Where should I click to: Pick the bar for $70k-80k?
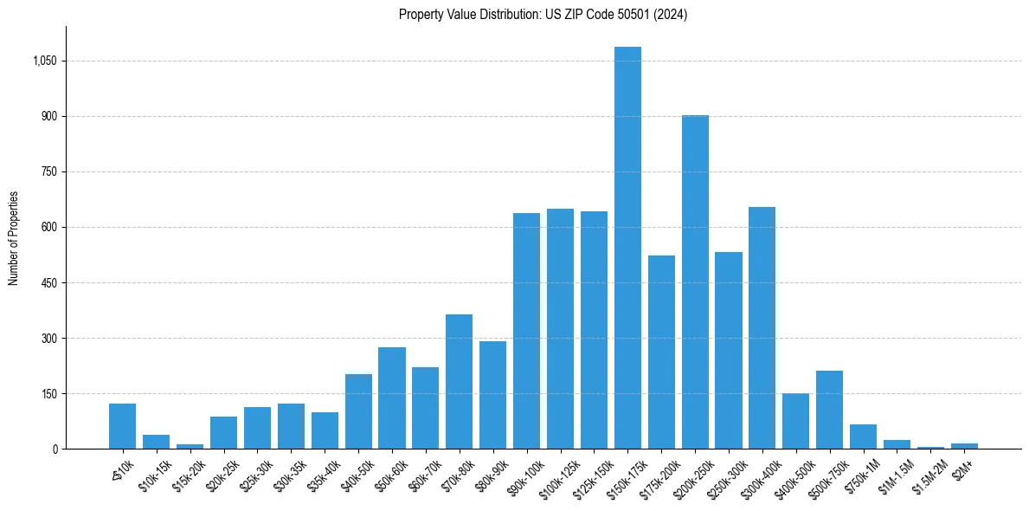459,381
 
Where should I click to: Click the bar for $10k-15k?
156,442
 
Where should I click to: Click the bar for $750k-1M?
863,437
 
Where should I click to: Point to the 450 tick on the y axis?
49,282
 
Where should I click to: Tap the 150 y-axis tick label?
49,393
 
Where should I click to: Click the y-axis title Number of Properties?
14,238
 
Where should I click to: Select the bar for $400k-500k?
795,421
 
